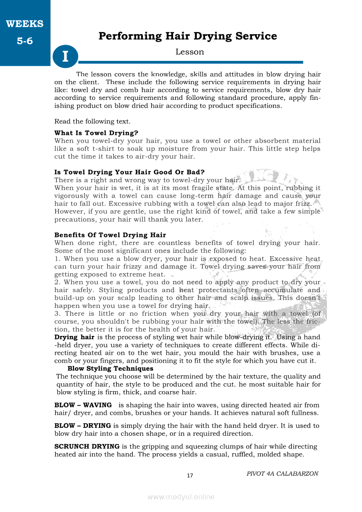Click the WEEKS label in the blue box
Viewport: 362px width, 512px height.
point(25,24)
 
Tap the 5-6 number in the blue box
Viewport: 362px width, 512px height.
point(25,42)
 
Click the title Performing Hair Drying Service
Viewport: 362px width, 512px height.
point(188,36)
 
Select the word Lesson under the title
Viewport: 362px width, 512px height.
point(190,52)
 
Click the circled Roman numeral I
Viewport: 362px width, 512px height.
point(65,57)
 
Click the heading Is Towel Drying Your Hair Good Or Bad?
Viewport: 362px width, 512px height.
point(129,172)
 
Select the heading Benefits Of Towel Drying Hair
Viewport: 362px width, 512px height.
point(110,235)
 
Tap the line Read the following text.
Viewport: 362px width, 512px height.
point(92,121)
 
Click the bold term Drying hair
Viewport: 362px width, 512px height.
point(74,337)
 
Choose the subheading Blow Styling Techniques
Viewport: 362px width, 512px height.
point(110,369)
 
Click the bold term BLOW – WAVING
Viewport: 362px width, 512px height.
point(83,405)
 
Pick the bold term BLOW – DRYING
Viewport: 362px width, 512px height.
point(82,426)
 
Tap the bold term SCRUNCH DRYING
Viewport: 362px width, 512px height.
point(87,446)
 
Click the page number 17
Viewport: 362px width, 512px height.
point(190,476)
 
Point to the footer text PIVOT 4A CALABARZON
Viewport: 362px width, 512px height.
point(282,473)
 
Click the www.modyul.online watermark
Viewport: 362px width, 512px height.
point(181,497)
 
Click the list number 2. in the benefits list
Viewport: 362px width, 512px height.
point(57,282)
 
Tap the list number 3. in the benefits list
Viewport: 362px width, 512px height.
point(57,314)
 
